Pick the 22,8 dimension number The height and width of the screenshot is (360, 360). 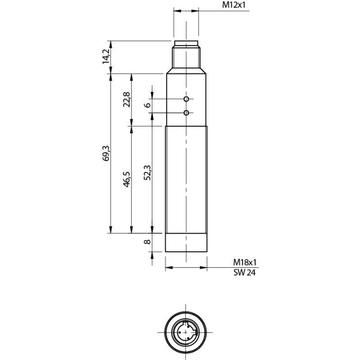[x=126, y=99]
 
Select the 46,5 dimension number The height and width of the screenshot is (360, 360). [x=126, y=179]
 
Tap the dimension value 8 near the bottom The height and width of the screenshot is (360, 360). [x=147, y=242]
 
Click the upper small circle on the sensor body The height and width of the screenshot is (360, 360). [x=186, y=98]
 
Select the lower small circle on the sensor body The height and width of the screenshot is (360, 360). [x=186, y=113]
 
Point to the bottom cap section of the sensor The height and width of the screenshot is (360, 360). [x=186, y=243]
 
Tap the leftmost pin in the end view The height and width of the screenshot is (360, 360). [x=180, y=332]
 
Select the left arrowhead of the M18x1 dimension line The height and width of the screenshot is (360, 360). [x=168, y=268]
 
